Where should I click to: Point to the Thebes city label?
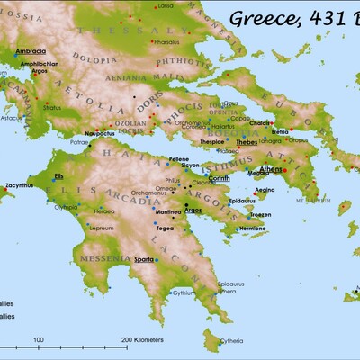click(x=247, y=142)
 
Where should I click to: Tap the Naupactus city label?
click(x=100, y=133)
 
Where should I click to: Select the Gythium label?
click(x=184, y=292)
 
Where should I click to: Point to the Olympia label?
click(x=66, y=207)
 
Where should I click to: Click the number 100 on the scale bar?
click(x=39, y=339)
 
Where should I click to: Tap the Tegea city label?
click(x=166, y=228)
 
